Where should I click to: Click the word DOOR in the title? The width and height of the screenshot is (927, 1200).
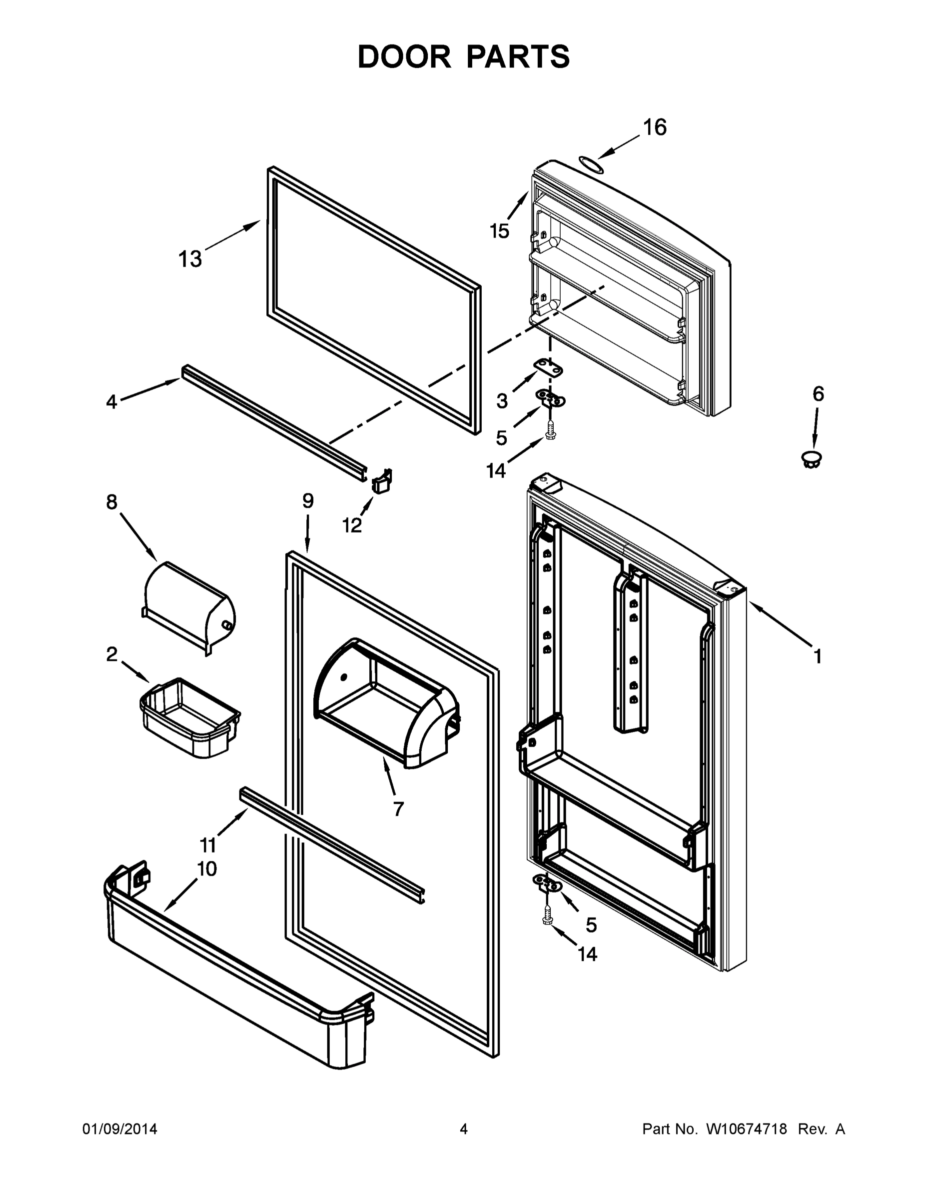pos(404,56)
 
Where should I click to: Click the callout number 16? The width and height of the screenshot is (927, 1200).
pos(654,127)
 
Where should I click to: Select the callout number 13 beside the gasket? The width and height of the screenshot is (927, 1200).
pos(190,259)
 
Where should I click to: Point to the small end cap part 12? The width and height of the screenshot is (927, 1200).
pos(382,481)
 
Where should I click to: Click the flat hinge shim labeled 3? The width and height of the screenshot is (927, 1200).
pos(550,368)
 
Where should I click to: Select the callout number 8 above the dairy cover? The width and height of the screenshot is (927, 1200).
pos(111,501)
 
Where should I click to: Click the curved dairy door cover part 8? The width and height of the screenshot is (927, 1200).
pos(189,605)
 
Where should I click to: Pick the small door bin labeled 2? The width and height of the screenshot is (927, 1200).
pos(190,717)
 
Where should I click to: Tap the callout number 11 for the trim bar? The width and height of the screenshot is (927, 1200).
pos(207,844)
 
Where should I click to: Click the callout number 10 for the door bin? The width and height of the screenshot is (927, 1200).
pos(206,868)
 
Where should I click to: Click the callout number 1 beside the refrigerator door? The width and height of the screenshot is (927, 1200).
pos(817,656)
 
